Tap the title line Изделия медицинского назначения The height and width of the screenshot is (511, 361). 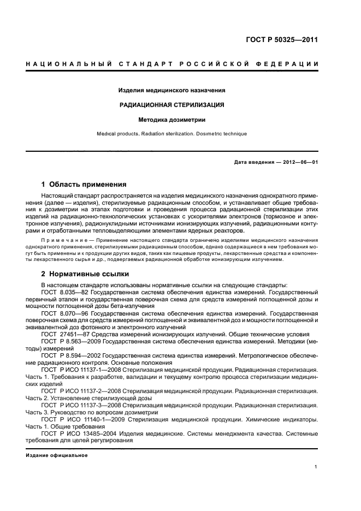pyautogui.click(x=172, y=91)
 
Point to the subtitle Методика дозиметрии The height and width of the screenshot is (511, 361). pyautogui.click(x=172, y=119)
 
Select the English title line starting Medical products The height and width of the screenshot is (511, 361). pyautogui.click(x=172, y=134)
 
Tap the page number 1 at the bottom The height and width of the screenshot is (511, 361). pyautogui.click(x=316, y=467)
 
